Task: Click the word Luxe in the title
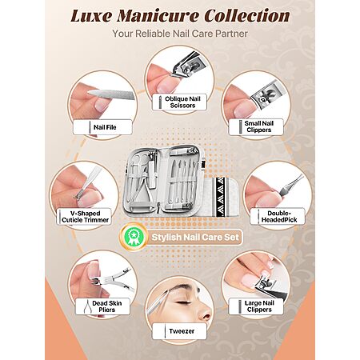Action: [x=91, y=15]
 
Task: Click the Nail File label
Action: [x=102, y=127]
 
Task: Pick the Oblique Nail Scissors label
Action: [x=179, y=102]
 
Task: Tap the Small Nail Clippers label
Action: [x=256, y=126]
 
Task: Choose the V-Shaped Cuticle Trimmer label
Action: [x=84, y=217]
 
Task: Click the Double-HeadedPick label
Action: [x=278, y=216]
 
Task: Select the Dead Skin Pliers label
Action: [x=103, y=306]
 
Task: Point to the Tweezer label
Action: [x=179, y=331]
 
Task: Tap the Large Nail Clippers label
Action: [x=256, y=306]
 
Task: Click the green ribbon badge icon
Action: [x=133, y=237]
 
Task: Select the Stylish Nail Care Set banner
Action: [x=194, y=237]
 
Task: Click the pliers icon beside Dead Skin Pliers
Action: [x=87, y=306]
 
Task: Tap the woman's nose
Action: [x=205, y=313]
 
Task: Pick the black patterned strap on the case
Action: [x=220, y=198]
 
